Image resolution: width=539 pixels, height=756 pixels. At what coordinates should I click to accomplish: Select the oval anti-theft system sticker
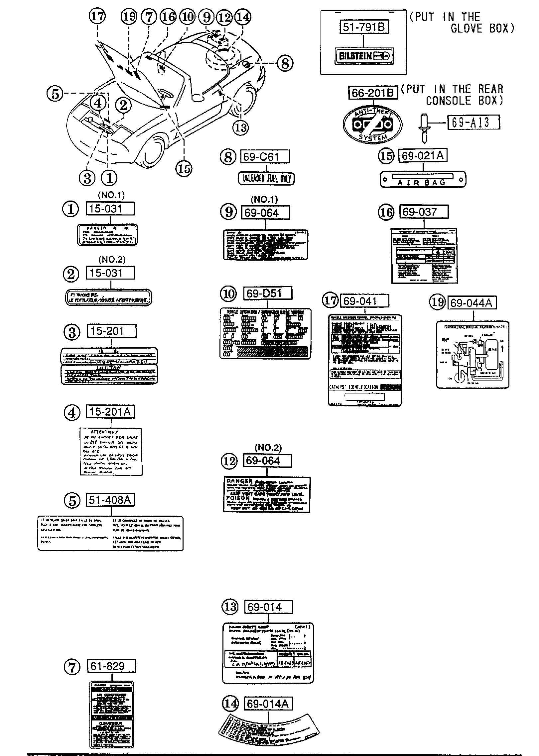click(x=372, y=124)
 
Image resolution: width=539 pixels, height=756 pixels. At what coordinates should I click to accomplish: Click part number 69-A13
click(x=474, y=122)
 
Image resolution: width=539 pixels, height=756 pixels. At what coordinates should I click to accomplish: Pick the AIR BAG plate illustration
click(x=423, y=180)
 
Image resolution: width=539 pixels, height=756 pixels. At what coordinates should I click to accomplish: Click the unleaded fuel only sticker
click(x=266, y=179)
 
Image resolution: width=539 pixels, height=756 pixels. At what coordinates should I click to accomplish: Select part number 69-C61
click(x=265, y=156)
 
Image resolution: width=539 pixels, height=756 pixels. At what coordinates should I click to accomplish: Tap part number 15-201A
click(x=110, y=412)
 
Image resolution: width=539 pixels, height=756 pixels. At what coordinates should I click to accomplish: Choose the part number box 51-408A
click(x=110, y=500)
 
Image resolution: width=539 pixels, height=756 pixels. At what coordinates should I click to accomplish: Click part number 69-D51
click(x=268, y=293)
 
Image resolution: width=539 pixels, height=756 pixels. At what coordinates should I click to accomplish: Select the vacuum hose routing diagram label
click(x=472, y=354)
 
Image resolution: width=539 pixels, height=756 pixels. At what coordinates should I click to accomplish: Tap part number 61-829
click(x=112, y=666)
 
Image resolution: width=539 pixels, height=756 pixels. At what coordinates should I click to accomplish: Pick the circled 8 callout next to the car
click(x=285, y=63)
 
